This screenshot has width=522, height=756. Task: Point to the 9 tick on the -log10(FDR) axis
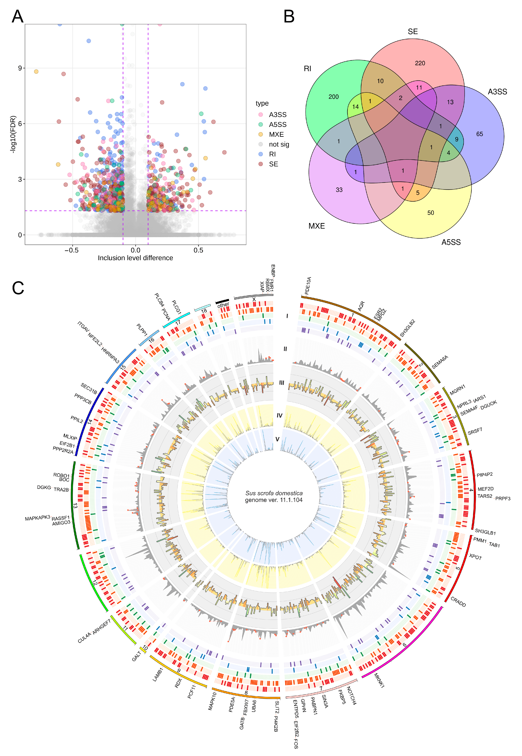(20, 68)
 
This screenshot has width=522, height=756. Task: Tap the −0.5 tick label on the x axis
(71, 250)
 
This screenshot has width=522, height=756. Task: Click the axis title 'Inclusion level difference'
(135, 258)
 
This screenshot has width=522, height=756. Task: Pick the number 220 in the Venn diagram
(420, 63)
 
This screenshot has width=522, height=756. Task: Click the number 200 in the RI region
(334, 97)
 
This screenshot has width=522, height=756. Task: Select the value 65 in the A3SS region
(479, 134)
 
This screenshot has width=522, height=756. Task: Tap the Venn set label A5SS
(451, 242)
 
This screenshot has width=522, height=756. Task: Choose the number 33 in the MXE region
(339, 190)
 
